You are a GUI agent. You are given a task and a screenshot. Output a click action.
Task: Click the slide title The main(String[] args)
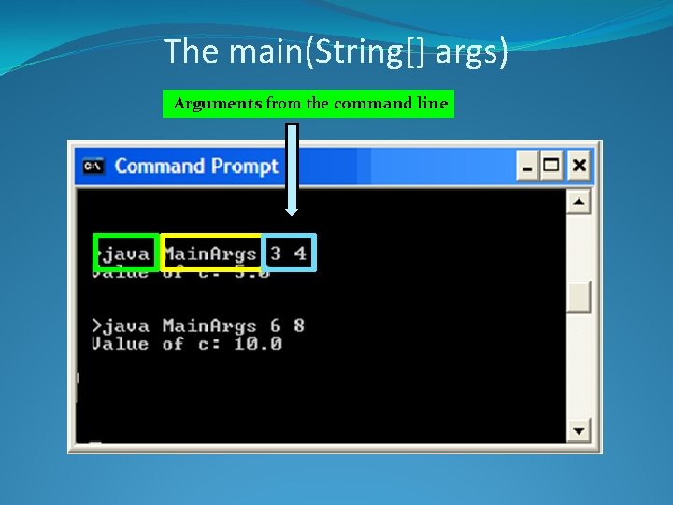pyautogui.click(x=336, y=51)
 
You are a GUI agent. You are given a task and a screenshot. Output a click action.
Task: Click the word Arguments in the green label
pyautogui.click(x=218, y=104)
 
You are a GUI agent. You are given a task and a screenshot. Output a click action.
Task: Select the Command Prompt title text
pyautogui.click(x=196, y=166)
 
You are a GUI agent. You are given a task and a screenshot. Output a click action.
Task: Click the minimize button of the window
pyautogui.click(x=528, y=166)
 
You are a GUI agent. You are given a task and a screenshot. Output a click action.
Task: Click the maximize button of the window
pyautogui.click(x=552, y=166)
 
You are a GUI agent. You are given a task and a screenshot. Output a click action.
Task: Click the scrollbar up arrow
pyautogui.click(x=580, y=202)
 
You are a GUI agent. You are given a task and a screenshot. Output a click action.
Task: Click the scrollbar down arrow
pyautogui.click(x=580, y=430)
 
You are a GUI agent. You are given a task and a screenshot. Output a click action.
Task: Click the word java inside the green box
pyautogui.click(x=126, y=253)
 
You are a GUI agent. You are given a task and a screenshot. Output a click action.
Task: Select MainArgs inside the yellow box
pyautogui.click(x=209, y=253)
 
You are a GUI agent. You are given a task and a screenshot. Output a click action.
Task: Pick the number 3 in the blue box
pyautogui.click(x=276, y=253)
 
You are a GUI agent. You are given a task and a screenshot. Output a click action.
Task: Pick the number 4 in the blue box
pyautogui.click(x=300, y=253)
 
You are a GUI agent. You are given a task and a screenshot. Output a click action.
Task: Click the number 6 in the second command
pyautogui.click(x=276, y=325)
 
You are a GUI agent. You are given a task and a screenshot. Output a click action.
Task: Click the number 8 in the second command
pyautogui.click(x=299, y=325)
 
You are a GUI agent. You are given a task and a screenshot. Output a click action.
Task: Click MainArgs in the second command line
pyautogui.click(x=209, y=325)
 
